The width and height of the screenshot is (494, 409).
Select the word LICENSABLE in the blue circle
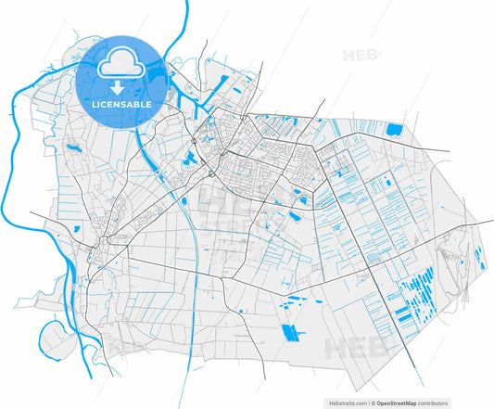119,104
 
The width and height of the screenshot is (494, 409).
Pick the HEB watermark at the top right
361,56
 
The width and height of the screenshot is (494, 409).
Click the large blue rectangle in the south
291,331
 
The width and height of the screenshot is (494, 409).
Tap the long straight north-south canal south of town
191,306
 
